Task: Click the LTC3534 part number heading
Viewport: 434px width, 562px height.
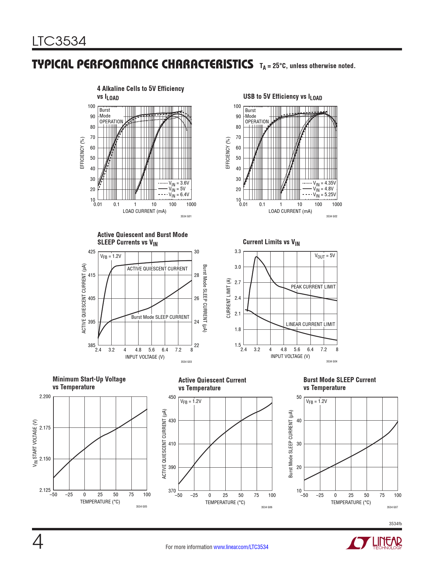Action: pos(59,42)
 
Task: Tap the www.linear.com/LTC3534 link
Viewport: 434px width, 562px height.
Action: pos(241,547)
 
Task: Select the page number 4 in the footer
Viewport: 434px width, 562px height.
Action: pos(38,543)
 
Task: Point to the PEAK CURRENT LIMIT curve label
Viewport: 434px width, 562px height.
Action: pos(313,287)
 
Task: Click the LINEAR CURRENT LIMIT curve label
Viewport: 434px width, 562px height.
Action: pos(310,324)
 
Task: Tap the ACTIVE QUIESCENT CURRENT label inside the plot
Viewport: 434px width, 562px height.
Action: pos(157,269)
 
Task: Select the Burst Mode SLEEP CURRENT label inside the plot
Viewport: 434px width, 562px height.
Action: pos(160,317)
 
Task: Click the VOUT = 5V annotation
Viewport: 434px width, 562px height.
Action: pos(325,255)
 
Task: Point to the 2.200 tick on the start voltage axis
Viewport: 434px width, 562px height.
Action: pos(45,396)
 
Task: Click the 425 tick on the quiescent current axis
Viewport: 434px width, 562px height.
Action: pos(92,252)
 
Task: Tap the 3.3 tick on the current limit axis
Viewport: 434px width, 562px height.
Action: pos(238,251)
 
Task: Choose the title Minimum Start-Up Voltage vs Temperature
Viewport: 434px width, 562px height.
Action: pos(89,383)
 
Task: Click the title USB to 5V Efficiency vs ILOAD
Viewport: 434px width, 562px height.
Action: pos(283,97)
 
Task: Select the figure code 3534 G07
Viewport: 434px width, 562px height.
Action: pos(392,507)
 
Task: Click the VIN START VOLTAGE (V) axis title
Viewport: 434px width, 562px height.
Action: pos(35,443)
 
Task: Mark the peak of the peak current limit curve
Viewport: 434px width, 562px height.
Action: pos(256,256)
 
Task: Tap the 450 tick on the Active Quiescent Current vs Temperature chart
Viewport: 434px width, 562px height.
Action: pos(172,397)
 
